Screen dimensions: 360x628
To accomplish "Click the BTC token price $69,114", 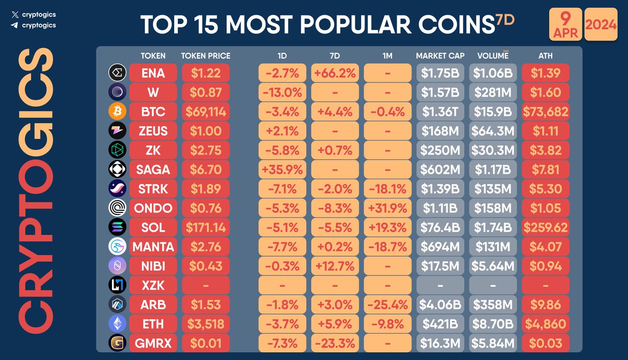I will tap(206, 111).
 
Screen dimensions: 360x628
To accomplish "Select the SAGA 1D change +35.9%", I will tap(283, 170).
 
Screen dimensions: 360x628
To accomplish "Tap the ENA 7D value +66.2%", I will tap(335, 73).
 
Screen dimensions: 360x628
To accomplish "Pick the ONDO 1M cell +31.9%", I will tap(388, 208).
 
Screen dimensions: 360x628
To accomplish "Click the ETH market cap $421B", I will tap(440, 324).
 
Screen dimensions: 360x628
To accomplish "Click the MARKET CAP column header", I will tap(440, 55).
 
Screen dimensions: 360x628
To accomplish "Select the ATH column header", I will tap(545, 55).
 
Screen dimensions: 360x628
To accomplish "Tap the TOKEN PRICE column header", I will tap(206, 55).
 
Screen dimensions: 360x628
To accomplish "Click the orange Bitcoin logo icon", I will tap(117, 111).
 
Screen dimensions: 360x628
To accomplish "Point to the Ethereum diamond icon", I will tap(117, 324).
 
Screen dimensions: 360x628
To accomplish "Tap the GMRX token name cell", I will tap(153, 343).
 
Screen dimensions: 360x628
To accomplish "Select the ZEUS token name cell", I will tap(153, 131).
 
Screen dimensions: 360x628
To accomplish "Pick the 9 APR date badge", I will tap(565, 25).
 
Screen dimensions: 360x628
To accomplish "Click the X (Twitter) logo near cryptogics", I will tap(14, 15).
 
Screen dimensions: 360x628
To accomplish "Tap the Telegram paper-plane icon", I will tap(14, 25).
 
